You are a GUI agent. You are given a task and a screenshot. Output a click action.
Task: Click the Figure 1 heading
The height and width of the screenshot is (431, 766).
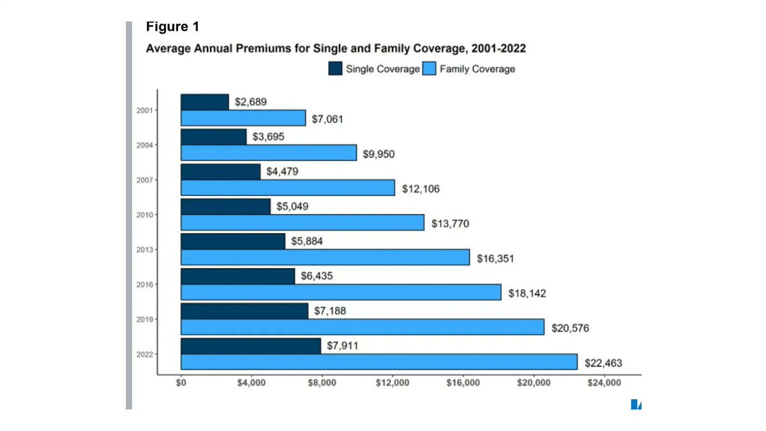coord(172,27)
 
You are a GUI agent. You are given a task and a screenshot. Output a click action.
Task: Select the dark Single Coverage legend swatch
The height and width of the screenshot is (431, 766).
coord(335,69)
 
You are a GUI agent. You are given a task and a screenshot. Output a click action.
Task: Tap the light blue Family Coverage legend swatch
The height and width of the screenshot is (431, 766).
coord(428,69)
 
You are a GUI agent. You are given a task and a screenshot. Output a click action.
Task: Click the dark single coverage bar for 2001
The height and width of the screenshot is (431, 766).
coord(205,102)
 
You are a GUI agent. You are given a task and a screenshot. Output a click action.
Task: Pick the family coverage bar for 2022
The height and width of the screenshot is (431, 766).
coord(379,362)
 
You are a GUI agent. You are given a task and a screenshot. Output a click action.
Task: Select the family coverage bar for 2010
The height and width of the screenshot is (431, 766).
coord(303,222)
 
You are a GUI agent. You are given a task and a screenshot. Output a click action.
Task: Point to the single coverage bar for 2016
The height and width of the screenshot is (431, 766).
coord(238,276)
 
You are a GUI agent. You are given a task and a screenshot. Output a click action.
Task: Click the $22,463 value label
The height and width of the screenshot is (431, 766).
coord(603,363)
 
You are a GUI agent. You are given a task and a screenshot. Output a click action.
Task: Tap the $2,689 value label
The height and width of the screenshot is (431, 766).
coord(251,102)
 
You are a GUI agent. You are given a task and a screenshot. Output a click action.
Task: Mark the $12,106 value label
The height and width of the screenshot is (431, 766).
coord(421,189)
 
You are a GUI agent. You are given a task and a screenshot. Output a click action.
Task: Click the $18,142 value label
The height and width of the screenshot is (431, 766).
coord(527,294)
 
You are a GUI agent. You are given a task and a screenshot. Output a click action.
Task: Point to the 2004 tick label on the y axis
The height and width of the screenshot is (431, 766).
coord(144,145)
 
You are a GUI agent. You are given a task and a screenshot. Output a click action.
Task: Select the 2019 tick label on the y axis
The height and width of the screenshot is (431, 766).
coord(144,319)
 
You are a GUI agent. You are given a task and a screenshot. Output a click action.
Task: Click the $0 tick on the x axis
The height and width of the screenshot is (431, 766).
coord(181,384)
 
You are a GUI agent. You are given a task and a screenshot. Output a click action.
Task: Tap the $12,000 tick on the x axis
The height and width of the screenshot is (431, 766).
coord(392,384)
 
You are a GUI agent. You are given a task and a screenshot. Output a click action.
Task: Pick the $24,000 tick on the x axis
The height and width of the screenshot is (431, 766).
coord(603,384)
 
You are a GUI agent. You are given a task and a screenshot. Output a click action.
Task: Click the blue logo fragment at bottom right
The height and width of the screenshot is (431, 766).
coord(636,404)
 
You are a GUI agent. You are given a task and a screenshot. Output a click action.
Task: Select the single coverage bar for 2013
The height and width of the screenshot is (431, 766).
coord(233,241)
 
